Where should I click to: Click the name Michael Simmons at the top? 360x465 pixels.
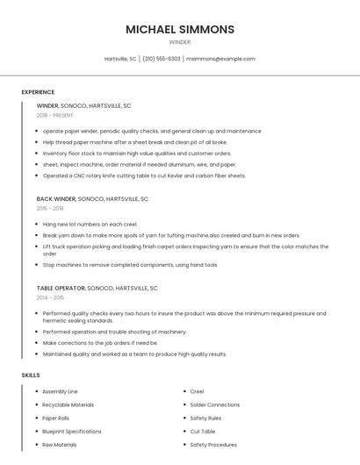click(x=180, y=29)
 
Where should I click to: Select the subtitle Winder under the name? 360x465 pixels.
click(x=180, y=42)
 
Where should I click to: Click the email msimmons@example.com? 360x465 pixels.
click(x=220, y=59)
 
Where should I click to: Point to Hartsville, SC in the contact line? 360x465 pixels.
click(x=120, y=59)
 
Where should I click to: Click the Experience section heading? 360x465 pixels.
click(x=38, y=92)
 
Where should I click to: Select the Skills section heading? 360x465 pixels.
click(x=31, y=376)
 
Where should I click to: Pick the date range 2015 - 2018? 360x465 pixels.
click(x=50, y=209)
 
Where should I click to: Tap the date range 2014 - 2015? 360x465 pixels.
click(x=50, y=297)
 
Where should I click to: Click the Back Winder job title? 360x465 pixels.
click(x=57, y=199)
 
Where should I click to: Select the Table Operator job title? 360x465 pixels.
click(x=61, y=288)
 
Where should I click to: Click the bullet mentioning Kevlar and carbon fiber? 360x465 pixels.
click(x=144, y=175)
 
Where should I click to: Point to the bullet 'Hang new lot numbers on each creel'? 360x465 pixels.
click(x=91, y=225)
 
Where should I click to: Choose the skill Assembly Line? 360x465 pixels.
click(x=60, y=391)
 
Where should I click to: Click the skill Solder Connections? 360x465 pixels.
click(x=214, y=404)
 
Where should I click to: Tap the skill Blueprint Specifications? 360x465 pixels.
click(x=71, y=432)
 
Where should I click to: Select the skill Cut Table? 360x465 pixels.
click(x=202, y=432)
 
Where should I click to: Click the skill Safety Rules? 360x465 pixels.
click(x=205, y=418)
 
